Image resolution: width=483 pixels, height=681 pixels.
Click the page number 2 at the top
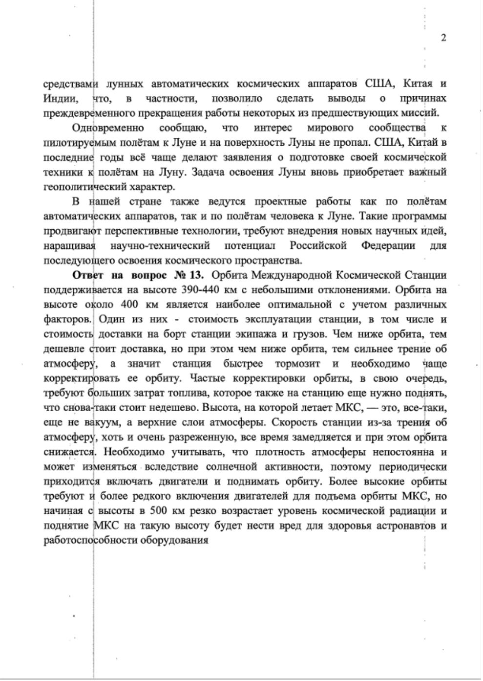click(443, 38)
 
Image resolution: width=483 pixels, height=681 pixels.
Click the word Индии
click(60, 98)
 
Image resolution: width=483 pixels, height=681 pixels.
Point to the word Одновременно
click(108, 128)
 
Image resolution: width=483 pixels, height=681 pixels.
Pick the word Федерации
click(388, 245)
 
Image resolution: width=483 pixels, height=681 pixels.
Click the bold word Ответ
click(87, 275)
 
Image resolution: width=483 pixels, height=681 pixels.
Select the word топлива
click(215, 393)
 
